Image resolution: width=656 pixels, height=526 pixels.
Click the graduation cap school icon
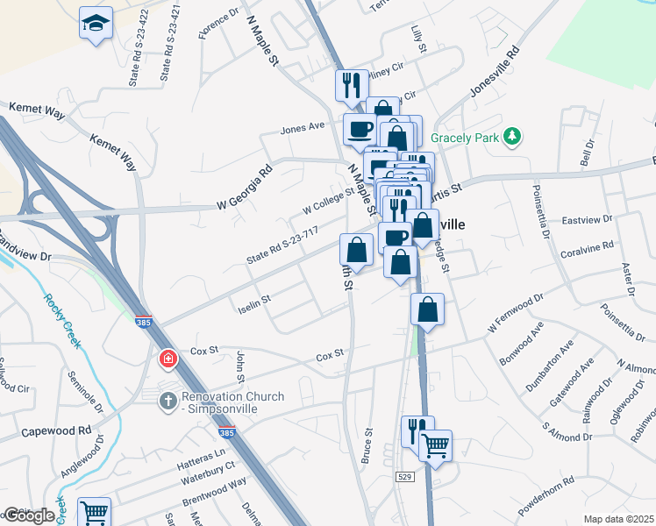(96, 23)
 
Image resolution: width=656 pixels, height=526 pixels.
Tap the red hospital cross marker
(167, 359)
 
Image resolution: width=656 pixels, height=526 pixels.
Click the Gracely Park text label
(465, 139)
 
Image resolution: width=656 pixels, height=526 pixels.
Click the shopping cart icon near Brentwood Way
(94, 511)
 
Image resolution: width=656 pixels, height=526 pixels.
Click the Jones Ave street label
(303, 128)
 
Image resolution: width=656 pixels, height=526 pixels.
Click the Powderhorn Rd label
(545, 494)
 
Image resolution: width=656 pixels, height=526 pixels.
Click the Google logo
(29, 515)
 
